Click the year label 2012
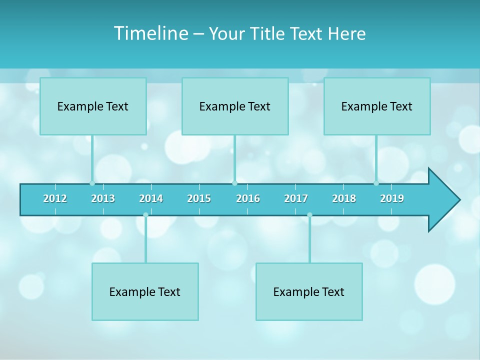point(55,198)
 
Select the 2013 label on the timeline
point(103,198)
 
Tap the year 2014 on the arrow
point(151,198)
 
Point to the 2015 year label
point(199,198)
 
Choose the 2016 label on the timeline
point(248,198)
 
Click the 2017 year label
point(296,198)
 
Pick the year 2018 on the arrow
point(344,198)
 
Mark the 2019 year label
point(392,198)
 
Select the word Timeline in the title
point(149,33)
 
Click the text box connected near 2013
point(93,106)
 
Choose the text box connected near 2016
point(235,106)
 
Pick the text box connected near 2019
point(377,106)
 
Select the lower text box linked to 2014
point(145,291)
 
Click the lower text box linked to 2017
point(309,291)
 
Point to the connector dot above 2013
point(92,183)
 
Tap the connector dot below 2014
point(145,215)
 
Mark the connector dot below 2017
point(309,215)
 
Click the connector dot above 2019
point(376,183)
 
